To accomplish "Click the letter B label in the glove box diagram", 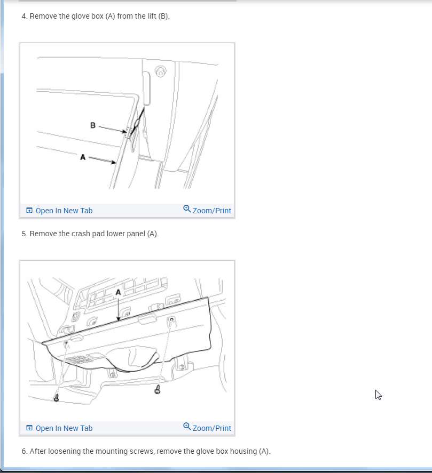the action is point(93,125).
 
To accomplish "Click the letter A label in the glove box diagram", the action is point(83,157).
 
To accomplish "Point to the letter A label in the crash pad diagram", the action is point(118,292).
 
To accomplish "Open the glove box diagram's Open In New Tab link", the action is point(64,211).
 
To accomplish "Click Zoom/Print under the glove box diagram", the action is point(212,211).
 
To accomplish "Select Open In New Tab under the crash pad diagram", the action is point(64,428).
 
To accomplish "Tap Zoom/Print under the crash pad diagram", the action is point(212,428).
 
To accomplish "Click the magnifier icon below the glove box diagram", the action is point(187,209).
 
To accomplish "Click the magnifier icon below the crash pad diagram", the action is point(187,426).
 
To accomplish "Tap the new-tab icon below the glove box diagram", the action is point(29,210).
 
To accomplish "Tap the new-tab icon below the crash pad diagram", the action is point(29,428).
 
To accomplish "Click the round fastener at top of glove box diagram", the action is point(160,71).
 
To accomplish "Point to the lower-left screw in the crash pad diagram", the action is point(56,398).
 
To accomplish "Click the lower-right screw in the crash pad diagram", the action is point(158,390).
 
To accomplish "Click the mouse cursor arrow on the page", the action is point(378,394).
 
